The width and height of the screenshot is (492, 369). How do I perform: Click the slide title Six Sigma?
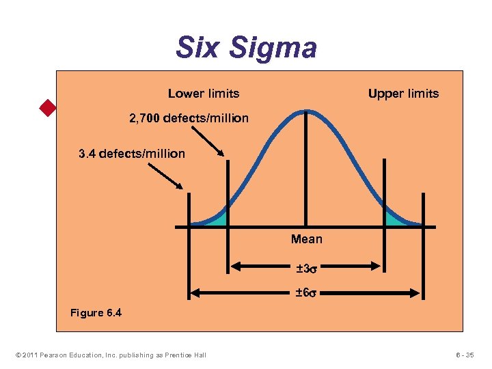pos(246,48)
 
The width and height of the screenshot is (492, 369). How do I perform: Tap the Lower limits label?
pos(204,93)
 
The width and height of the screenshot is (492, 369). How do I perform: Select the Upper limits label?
pos(403,93)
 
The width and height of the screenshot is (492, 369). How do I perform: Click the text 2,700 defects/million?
pos(189,118)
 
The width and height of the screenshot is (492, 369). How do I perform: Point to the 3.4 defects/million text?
pos(132,154)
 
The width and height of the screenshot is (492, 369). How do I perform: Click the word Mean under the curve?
pos(306,239)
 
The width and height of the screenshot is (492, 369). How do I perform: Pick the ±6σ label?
pos(306,293)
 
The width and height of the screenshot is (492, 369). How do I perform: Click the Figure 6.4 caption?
pos(96,313)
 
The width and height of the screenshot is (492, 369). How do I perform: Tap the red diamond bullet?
pos(47,108)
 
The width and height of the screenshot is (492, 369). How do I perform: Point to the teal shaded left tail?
pos(217,218)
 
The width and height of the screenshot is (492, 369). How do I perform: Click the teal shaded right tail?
pos(394,218)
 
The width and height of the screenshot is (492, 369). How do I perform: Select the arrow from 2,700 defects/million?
pos(212,142)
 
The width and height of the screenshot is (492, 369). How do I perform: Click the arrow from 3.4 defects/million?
pos(165,174)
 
